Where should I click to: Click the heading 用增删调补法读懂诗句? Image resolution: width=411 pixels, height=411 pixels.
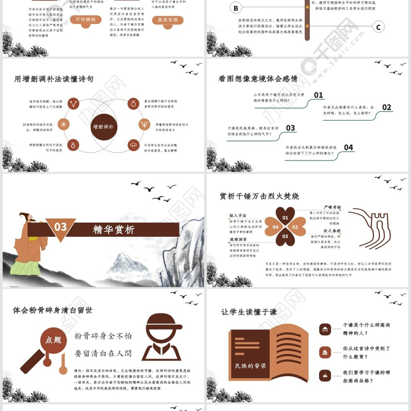53,79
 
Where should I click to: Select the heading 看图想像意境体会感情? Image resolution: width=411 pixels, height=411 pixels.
258,79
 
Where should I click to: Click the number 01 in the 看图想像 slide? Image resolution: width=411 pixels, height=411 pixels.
319,95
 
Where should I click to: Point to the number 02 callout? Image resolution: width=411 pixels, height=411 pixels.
386,107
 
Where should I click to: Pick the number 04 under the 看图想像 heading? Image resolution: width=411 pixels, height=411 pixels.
348,147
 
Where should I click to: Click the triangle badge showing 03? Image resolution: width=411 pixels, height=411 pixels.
61,227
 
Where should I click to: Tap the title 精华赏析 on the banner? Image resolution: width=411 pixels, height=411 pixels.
114,230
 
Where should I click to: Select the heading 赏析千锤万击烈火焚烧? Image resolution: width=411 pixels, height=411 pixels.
259,196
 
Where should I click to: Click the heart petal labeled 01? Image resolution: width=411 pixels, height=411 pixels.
285,218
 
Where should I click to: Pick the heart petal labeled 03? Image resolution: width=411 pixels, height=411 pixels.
285,236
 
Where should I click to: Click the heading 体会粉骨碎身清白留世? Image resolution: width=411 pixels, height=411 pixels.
53,310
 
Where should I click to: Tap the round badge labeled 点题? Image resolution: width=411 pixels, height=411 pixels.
53,340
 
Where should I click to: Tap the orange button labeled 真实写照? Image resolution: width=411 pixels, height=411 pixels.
168,20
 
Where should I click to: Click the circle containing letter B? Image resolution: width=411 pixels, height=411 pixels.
235,8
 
